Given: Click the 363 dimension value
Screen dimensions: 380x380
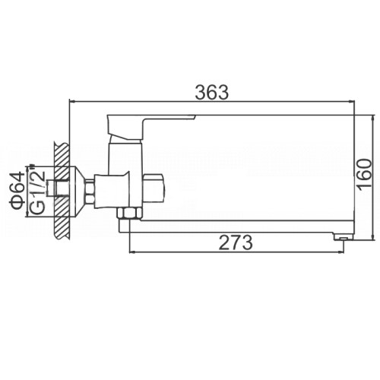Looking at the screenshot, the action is point(212,93).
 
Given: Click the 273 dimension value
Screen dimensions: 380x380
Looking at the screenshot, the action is point(236,242).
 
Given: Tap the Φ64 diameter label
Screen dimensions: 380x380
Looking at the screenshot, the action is point(17,192).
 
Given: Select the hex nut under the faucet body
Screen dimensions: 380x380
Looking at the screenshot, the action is point(129,213).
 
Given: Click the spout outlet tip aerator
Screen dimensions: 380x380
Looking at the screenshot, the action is point(344,237).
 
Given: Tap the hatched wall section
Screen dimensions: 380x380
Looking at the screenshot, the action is point(62,191).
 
